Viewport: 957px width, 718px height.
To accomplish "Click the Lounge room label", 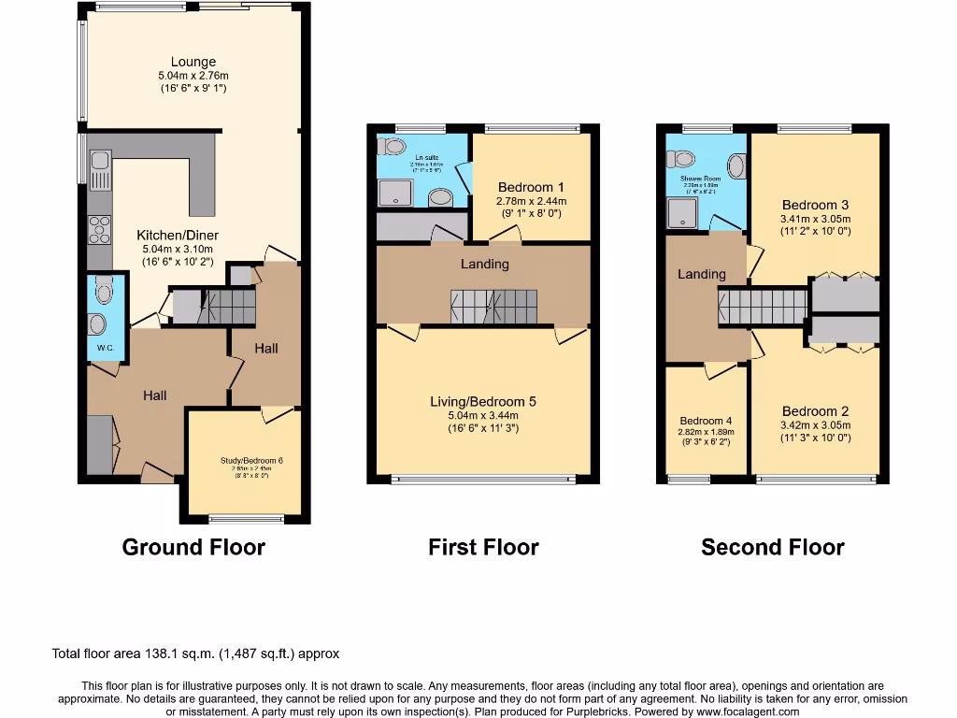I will (193, 63).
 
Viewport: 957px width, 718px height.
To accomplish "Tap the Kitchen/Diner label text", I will (177, 235).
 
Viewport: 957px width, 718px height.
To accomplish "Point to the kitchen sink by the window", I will (99, 167).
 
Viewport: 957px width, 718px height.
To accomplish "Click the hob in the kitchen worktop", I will (99, 226).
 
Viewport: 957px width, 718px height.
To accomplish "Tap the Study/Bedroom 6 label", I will (244, 460).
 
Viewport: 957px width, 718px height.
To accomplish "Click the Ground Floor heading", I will (193, 548).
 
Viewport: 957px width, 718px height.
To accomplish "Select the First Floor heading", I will (483, 548).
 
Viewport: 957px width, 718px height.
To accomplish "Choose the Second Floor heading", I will (773, 548).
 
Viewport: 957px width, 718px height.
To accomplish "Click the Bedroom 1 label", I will (532, 186).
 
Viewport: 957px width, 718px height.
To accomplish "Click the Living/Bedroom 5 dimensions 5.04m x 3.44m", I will (483, 415).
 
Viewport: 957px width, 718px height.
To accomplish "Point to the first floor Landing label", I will (484, 264).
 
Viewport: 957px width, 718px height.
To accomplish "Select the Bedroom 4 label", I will (706, 421).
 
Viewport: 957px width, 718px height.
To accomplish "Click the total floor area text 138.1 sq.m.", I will (196, 653).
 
